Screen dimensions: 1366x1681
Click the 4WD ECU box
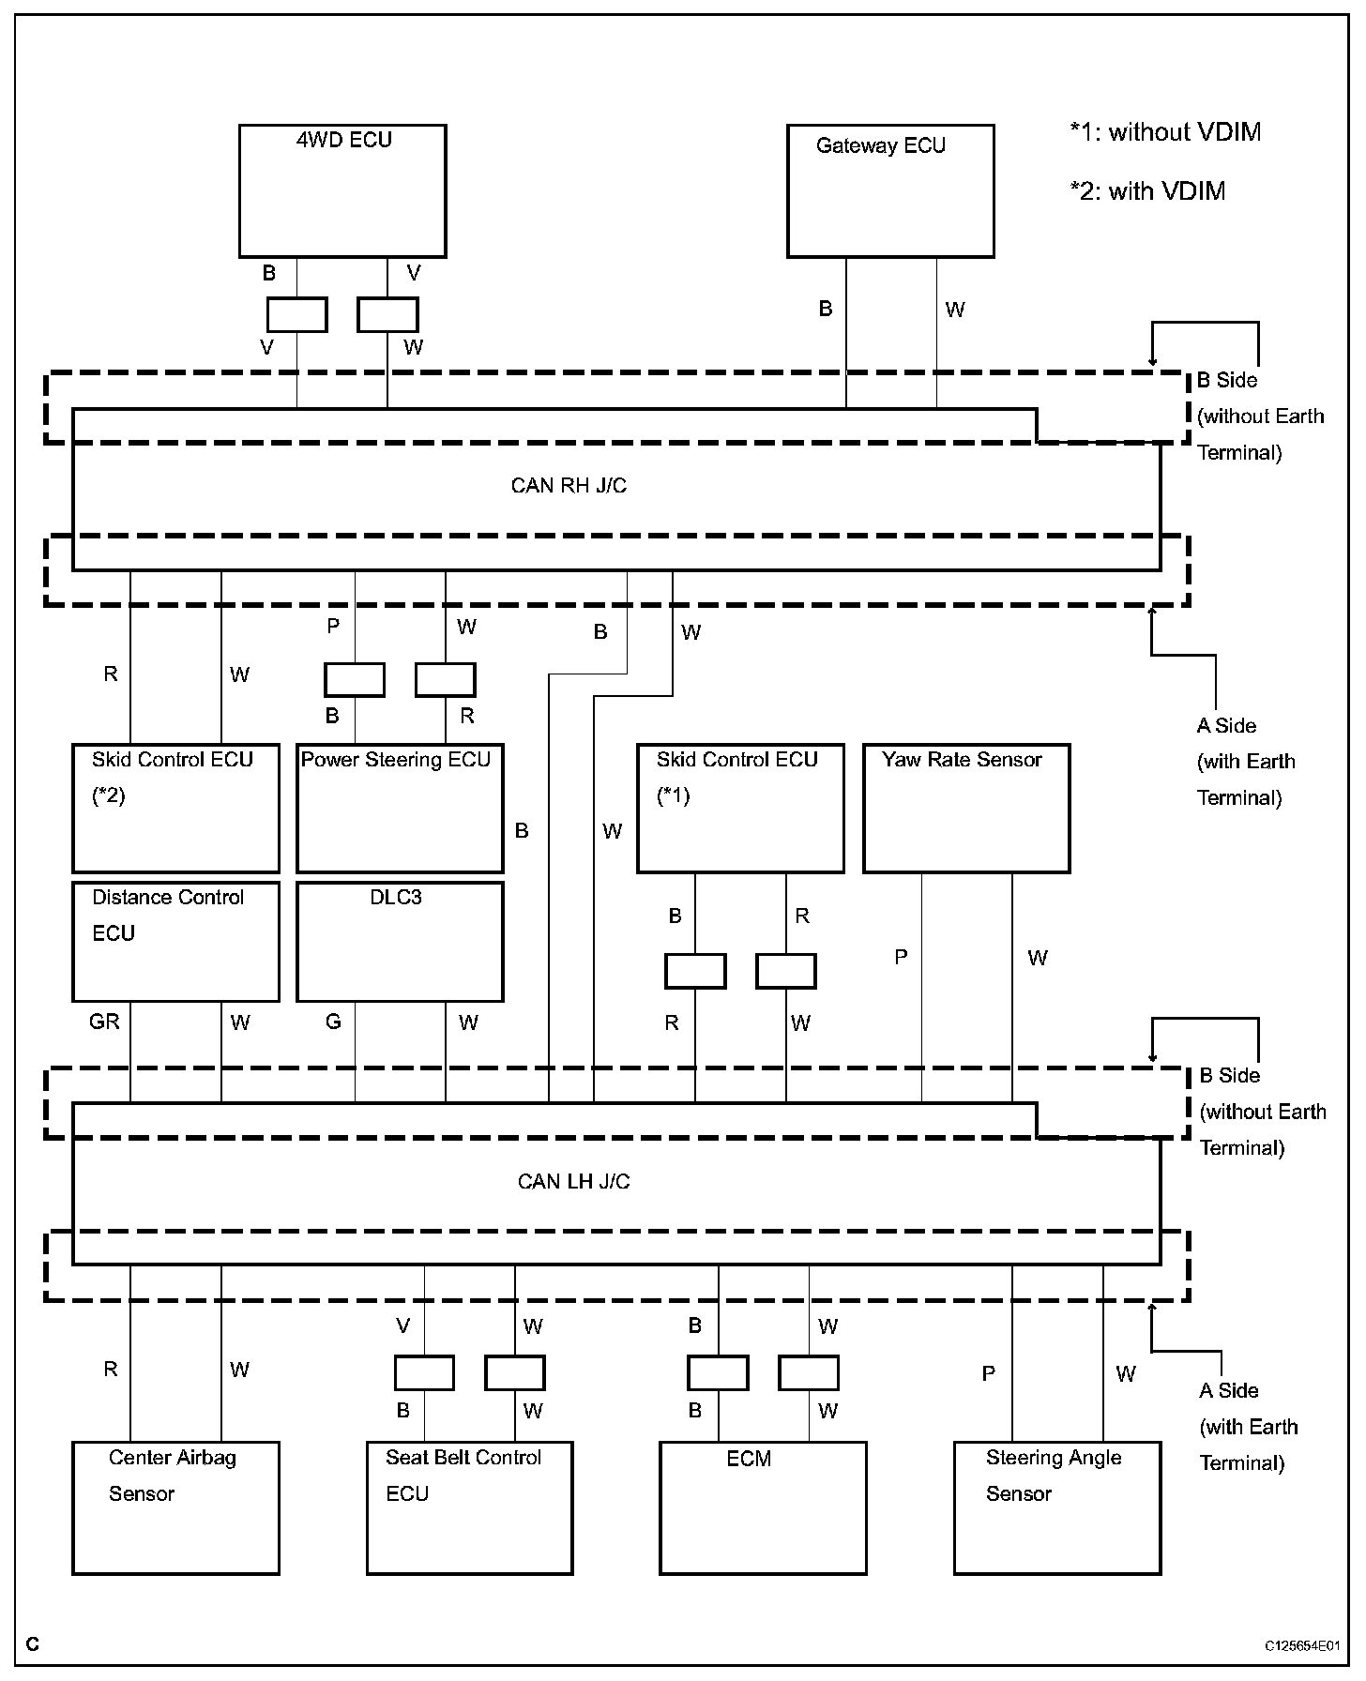tap(342, 190)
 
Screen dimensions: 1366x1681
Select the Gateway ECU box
tap(890, 190)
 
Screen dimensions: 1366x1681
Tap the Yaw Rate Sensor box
tap(966, 809)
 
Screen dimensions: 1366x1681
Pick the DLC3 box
tap(400, 941)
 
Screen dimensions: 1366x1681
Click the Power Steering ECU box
tap(400, 809)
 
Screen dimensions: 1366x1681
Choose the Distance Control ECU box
tap(175, 941)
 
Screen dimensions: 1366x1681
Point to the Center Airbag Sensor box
tap(175, 1507)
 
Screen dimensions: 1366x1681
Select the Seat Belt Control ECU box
tap(469, 1507)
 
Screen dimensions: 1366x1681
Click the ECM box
tap(763, 1507)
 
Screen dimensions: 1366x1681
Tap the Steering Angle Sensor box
tap(1057, 1507)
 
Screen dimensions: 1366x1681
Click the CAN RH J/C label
tap(569, 486)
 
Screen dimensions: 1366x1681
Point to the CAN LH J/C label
tap(573, 1181)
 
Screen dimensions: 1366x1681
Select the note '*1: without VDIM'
tap(1165, 132)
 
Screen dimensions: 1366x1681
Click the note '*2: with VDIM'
tap(1147, 191)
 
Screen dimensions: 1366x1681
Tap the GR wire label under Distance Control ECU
tap(104, 1022)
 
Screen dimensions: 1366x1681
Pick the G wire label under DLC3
tap(333, 1022)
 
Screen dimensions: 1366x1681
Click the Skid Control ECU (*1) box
tap(740, 809)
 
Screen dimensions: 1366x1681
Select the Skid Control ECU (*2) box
tap(175, 809)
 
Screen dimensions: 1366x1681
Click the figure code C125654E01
tap(1301, 1645)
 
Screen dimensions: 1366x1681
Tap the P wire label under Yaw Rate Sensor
tap(901, 957)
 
